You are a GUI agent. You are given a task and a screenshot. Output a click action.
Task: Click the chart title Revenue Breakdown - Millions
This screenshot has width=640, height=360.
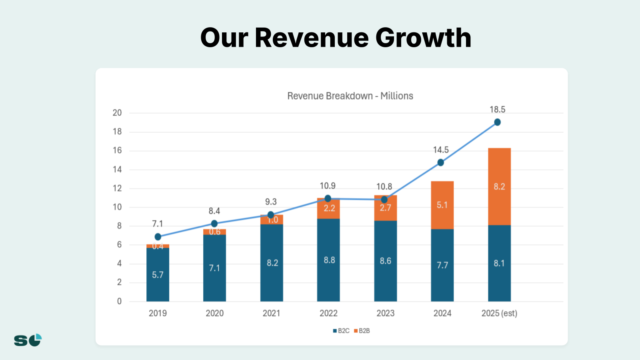tap(350, 96)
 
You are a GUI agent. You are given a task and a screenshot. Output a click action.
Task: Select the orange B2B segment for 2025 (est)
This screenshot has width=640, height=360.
tap(499, 186)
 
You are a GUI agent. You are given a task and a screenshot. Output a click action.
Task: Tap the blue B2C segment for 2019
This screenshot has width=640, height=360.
tap(158, 274)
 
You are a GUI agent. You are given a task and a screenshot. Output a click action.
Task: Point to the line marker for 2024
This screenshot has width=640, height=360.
tap(440, 162)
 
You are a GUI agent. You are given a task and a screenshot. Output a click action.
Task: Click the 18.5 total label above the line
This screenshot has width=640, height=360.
tap(497, 110)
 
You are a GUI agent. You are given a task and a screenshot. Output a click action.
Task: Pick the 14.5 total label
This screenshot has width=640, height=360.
tap(441, 150)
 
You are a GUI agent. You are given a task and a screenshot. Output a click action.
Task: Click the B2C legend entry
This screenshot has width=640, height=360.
tap(341, 331)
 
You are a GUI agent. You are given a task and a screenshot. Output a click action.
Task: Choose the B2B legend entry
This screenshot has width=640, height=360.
tap(362, 331)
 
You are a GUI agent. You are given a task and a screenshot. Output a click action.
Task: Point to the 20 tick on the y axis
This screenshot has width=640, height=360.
tap(117, 113)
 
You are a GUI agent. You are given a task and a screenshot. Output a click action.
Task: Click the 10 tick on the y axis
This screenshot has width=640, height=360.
tap(117, 207)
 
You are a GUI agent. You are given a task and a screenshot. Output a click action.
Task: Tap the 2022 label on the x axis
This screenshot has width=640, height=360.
tap(328, 313)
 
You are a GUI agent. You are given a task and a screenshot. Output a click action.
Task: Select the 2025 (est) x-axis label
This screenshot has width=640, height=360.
tap(499, 313)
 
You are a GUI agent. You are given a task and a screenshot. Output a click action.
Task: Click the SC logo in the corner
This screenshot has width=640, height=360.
tap(28, 340)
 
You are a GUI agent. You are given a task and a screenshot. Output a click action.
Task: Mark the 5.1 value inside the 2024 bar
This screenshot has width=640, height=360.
tap(442, 205)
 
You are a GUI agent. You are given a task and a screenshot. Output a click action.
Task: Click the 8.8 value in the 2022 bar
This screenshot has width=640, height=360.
tap(329, 260)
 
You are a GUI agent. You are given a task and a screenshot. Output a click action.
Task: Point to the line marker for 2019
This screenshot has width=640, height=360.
tap(158, 237)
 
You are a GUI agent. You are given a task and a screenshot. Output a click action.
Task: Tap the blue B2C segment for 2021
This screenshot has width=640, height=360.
tap(272, 263)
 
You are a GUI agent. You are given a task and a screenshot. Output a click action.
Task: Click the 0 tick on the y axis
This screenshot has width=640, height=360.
tap(119, 302)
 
